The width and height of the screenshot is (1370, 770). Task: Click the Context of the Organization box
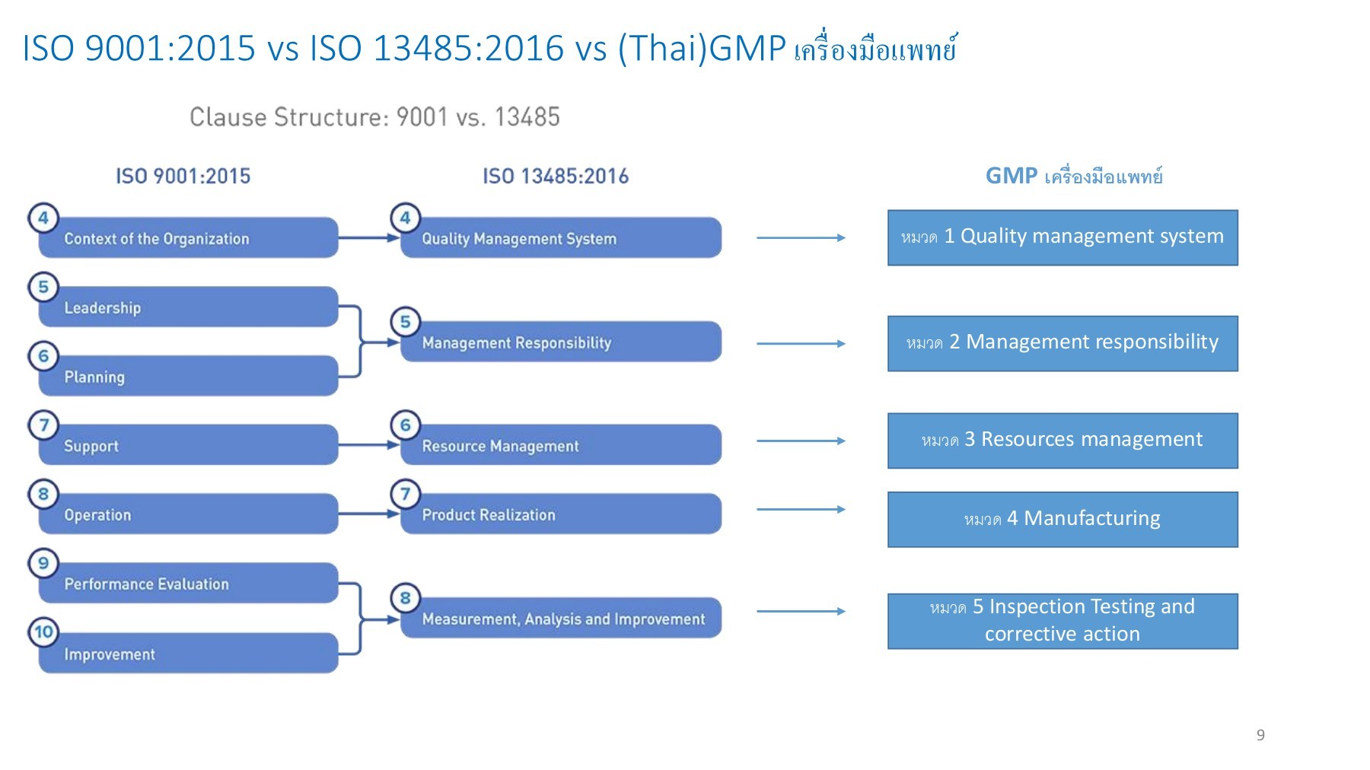point(188,238)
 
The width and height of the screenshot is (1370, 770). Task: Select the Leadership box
point(188,307)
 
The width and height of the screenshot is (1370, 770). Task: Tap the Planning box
point(188,377)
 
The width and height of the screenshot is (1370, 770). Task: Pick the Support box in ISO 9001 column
point(188,445)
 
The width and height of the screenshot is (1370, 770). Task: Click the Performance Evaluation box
point(188,584)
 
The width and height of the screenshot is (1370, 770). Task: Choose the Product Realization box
point(561,514)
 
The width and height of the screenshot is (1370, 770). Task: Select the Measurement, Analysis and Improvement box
point(561,618)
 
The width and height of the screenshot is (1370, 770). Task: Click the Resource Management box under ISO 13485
point(561,445)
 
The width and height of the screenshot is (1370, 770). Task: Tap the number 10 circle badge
point(43,632)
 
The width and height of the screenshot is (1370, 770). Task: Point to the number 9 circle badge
point(43,563)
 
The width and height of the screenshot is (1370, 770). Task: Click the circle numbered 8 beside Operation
point(43,494)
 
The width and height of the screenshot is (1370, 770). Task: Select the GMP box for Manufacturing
point(1063,520)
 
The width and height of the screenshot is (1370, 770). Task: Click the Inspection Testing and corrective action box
point(1063,621)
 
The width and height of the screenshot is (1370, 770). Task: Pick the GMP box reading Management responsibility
point(1063,343)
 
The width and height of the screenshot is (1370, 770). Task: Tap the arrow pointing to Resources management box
point(801,441)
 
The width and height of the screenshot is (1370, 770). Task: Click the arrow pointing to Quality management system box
point(801,238)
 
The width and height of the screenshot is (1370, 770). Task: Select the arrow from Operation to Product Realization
point(368,514)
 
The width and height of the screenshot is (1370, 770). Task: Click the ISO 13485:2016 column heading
point(556,177)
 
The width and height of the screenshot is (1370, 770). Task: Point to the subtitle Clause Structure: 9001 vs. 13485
point(374,117)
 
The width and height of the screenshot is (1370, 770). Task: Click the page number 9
point(1260,735)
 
